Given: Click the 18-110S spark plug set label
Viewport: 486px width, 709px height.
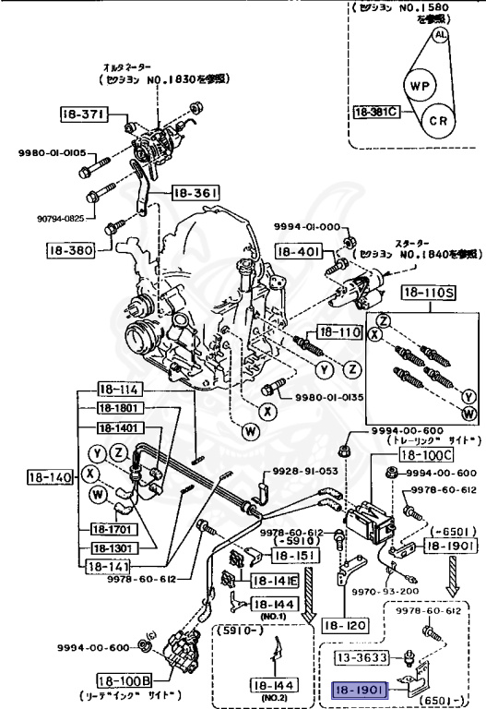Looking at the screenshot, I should point(426,294).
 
